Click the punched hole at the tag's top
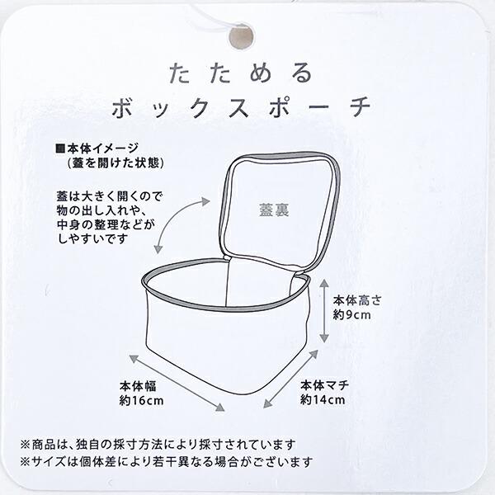[241, 36]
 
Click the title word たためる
[241, 73]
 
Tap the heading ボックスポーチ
[241, 107]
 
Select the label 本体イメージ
[103, 148]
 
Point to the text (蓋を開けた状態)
[115, 163]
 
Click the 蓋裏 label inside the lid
[274, 210]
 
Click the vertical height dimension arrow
[324, 311]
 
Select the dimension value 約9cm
[351, 315]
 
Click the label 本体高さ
[356, 300]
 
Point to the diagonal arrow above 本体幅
[177, 383]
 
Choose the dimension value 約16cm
[141, 401]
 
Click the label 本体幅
[138, 386]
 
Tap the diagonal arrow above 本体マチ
[290, 379]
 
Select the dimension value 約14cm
[323, 400]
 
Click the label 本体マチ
[324, 385]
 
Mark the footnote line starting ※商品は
[158, 445]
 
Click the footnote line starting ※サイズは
[167, 462]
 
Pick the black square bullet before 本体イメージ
[60, 148]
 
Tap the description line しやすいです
[93, 238]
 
